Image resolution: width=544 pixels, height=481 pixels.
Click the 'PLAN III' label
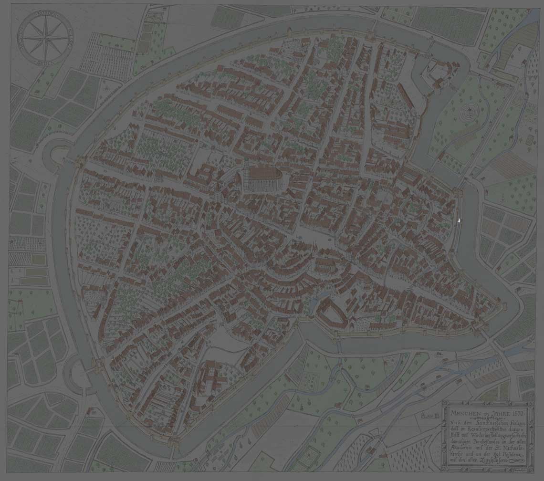click(429, 416)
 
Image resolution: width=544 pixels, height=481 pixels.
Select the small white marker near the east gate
click(459, 220)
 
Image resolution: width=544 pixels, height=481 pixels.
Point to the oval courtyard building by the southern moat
click(332, 313)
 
